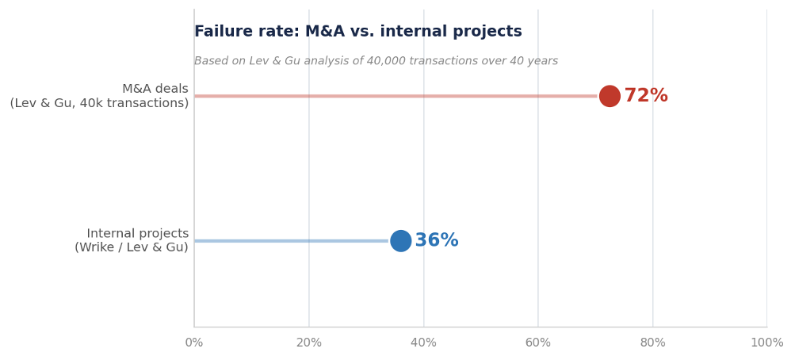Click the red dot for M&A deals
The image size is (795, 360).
(610, 96)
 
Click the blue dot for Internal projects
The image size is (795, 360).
(401, 241)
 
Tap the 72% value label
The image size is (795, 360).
(646, 96)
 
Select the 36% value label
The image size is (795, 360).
(437, 241)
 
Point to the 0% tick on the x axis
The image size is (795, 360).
(194, 343)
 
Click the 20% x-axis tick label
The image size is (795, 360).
(309, 343)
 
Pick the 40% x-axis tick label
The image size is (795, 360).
(423, 343)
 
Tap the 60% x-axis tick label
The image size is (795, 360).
(538, 343)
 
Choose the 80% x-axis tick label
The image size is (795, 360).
(652, 343)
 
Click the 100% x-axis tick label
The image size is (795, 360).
(766, 343)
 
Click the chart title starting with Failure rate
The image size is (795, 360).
(358, 32)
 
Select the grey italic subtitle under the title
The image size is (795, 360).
(376, 61)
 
